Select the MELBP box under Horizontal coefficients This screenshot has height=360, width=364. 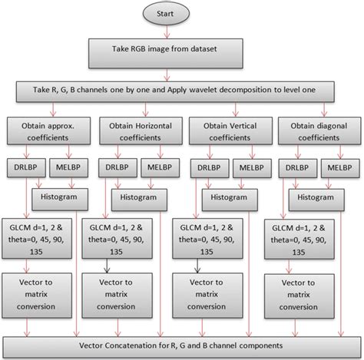(x=152, y=168)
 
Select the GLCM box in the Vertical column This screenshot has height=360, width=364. (x=222, y=239)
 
